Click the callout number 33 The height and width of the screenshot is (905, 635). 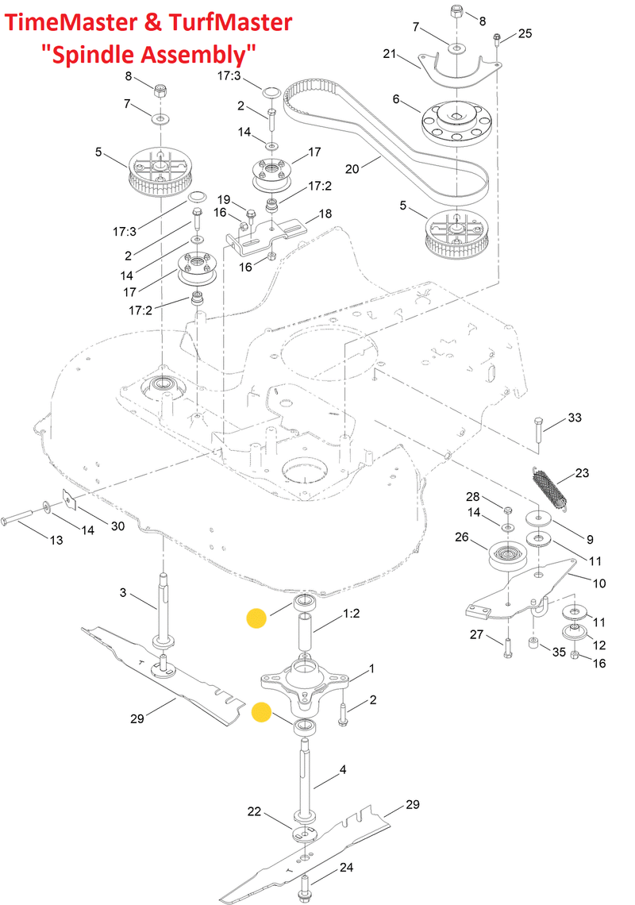click(575, 418)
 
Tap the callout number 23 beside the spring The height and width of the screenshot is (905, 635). click(582, 474)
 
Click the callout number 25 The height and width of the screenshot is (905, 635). click(525, 33)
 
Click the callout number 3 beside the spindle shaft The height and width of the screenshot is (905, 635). click(123, 592)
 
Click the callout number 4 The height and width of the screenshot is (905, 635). click(343, 769)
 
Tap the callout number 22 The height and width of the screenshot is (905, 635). click(254, 811)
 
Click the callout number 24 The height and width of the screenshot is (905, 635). click(347, 867)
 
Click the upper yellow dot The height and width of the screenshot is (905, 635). click(256, 618)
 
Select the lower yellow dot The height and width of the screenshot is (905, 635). click(261, 713)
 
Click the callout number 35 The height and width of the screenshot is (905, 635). click(559, 653)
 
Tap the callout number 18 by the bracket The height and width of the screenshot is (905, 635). click(325, 214)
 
